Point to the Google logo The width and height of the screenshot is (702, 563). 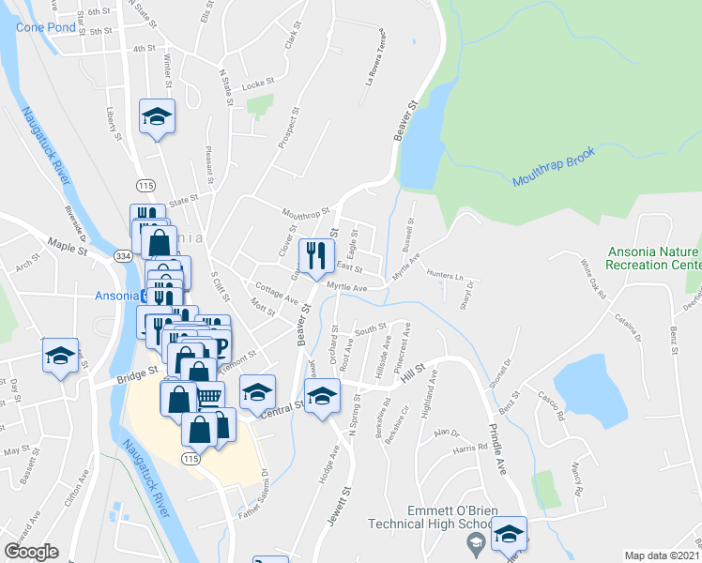coord(31,552)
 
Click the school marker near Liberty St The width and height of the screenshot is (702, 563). coord(157,117)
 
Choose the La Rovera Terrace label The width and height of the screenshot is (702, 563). coord(375,67)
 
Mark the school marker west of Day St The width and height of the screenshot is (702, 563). coord(60,357)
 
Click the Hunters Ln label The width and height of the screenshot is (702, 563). coord(444,275)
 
